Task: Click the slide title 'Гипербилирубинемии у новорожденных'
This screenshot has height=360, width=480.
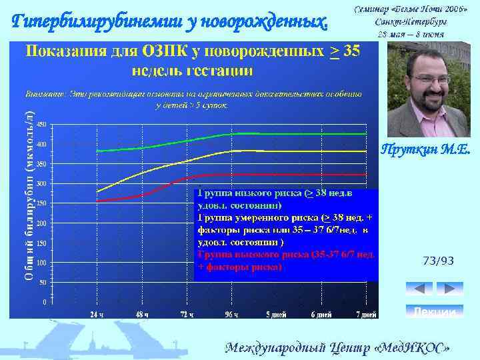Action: [171, 23]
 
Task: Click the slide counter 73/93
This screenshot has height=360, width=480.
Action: [438, 261]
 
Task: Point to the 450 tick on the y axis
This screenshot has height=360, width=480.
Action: [41, 125]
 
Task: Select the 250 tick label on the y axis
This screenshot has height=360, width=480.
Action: [41, 203]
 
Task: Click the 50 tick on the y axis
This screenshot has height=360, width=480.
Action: [43, 282]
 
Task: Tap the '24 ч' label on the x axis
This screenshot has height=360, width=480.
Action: [97, 314]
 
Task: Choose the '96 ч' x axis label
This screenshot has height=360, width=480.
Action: [231, 314]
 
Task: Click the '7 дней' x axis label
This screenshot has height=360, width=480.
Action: [366, 314]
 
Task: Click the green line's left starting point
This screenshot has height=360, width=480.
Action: [97, 151]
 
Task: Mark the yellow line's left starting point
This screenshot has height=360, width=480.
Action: [97, 192]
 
